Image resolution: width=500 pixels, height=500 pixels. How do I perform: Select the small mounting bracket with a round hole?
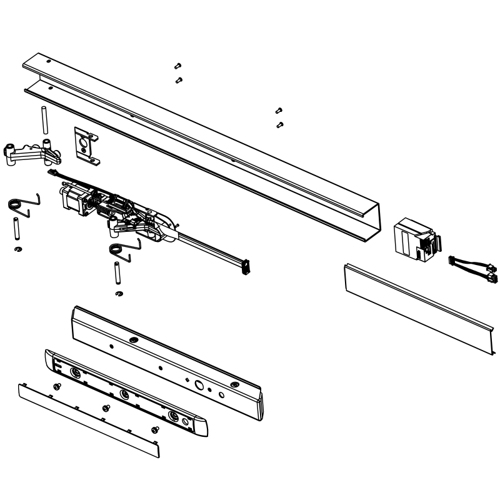tap(84, 144)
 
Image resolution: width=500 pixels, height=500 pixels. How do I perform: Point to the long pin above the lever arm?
tap(44, 120)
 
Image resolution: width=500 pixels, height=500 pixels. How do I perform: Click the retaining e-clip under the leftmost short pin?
tap(18, 250)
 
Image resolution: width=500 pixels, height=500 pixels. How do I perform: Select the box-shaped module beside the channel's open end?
tap(411, 240)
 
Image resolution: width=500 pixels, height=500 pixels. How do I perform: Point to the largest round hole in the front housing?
tap(198, 385)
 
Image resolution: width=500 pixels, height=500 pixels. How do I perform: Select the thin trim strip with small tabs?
tap(87, 419)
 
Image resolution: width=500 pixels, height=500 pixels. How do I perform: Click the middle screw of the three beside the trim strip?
tap(106, 407)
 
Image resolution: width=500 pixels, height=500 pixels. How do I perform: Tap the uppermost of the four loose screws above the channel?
tap(177, 66)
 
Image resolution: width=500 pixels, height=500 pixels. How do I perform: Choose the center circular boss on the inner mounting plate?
tap(124, 394)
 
